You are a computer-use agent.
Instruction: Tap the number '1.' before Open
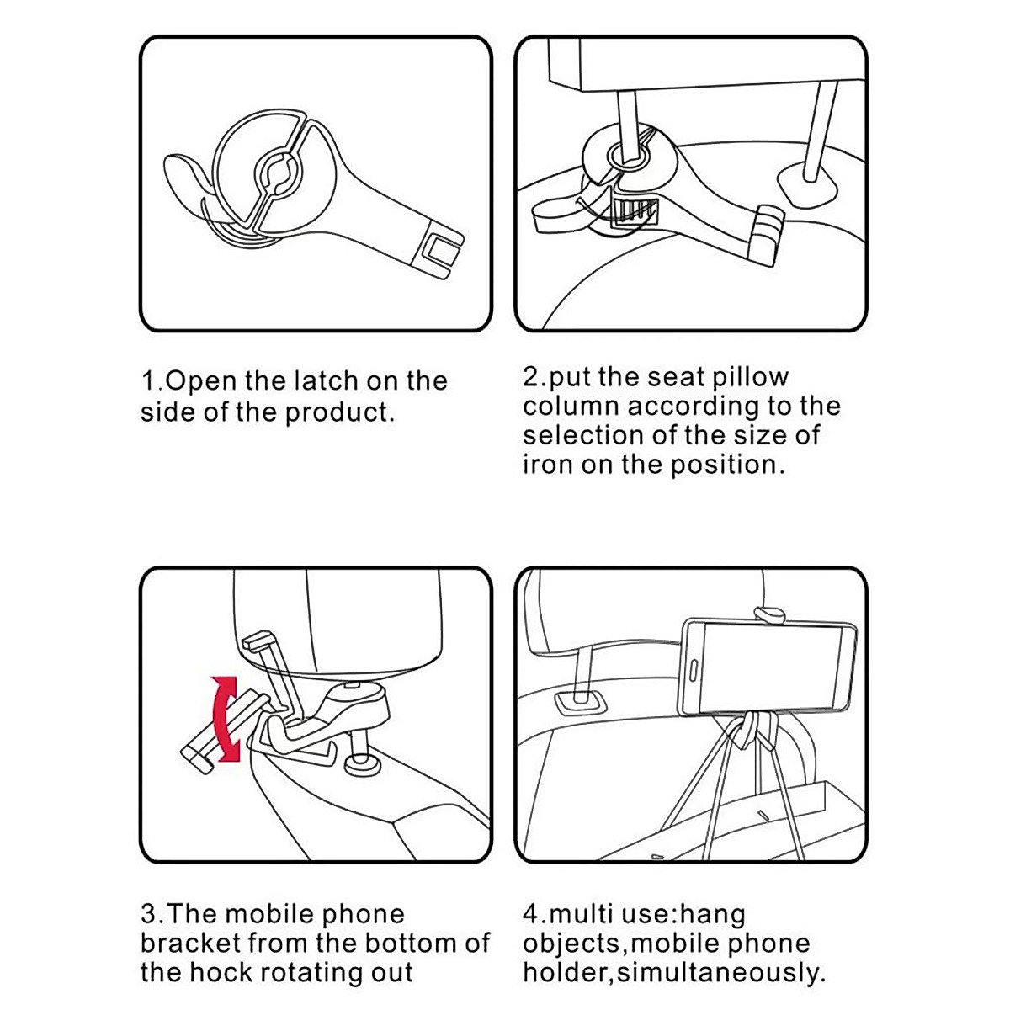coord(151,381)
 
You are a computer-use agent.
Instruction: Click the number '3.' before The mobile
coord(152,915)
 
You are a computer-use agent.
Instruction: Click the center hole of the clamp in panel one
coord(277,172)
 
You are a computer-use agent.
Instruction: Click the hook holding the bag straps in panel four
coord(754,728)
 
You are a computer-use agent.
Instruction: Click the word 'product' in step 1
coord(338,413)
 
